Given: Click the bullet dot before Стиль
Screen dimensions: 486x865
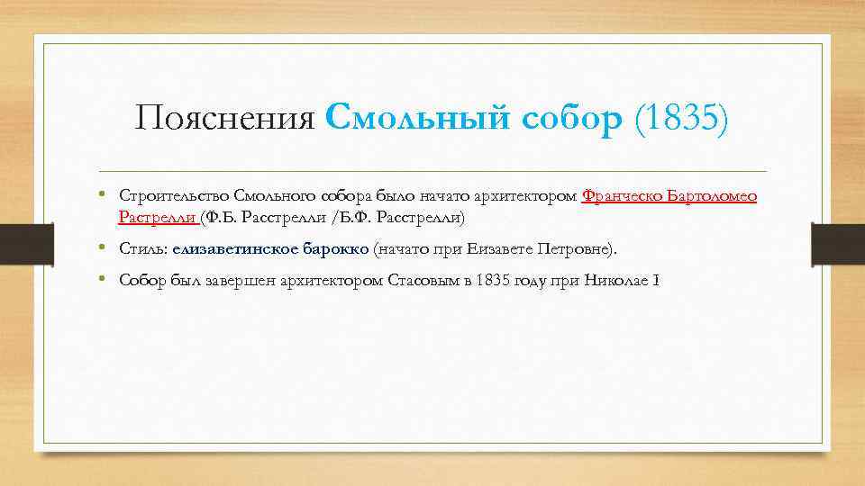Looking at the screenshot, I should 107,248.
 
